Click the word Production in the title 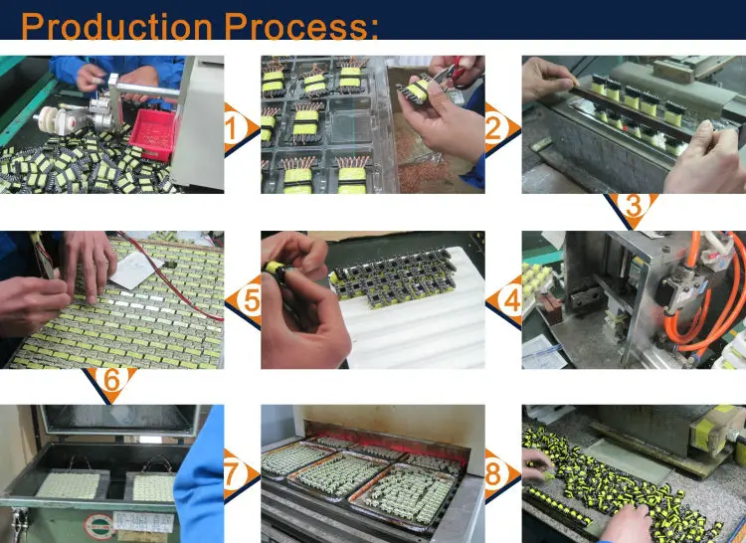116,26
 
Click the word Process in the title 296,26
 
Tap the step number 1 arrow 241,129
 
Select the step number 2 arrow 502,129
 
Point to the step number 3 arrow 633,208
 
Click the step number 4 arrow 504,301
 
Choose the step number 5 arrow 244,301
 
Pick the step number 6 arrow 110,383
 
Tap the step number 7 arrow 241,474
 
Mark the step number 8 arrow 502,474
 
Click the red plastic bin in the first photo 152,134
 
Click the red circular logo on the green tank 98,526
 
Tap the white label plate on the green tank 143,522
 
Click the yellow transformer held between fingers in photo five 275,269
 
